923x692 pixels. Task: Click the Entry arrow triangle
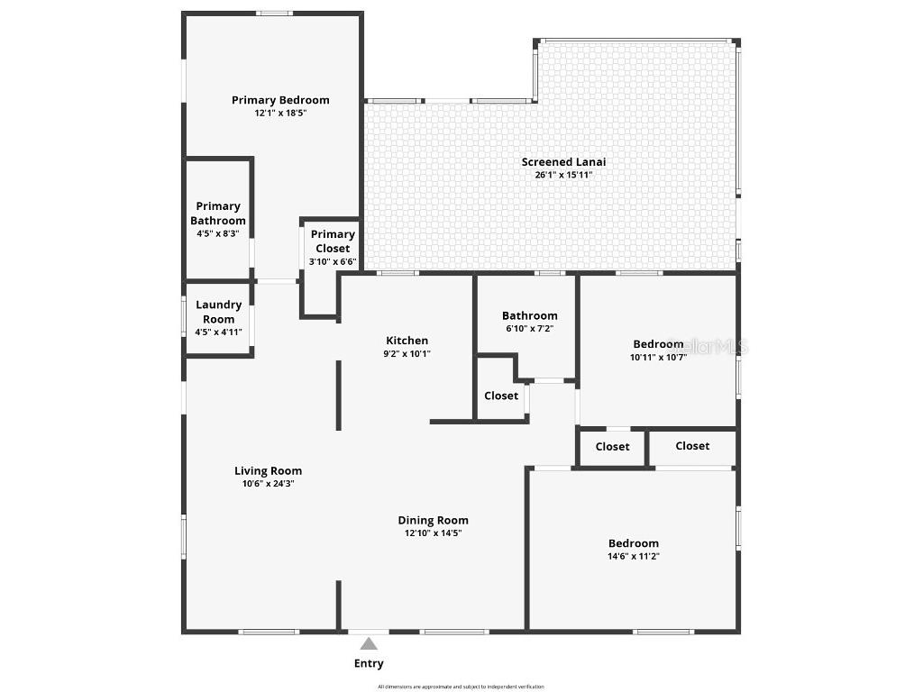click(369, 643)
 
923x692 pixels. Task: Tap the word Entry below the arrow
click(369, 664)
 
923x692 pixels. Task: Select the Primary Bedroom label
click(280, 100)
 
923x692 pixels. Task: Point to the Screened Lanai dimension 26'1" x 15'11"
click(563, 175)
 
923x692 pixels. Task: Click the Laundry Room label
click(219, 312)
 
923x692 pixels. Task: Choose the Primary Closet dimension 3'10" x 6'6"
click(333, 262)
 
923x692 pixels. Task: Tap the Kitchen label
click(407, 341)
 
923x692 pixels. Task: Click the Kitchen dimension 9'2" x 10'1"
click(407, 354)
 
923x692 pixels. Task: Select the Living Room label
click(269, 471)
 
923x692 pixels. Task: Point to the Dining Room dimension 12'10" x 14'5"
click(434, 533)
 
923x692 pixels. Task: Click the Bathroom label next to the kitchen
click(530, 316)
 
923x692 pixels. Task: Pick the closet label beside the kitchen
click(501, 396)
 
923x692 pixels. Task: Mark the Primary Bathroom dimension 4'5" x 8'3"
click(218, 233)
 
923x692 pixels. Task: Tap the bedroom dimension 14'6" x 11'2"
click(634, 557)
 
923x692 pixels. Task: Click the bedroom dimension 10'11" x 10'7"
click(658, 357)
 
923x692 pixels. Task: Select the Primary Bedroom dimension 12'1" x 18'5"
click(280, 114)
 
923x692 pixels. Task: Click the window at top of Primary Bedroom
click(274, 14)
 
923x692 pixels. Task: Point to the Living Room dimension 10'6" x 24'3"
click(269, 484)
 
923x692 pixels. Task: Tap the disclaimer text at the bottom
click(461, 687)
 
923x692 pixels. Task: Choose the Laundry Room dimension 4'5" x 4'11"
click(219, 332)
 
